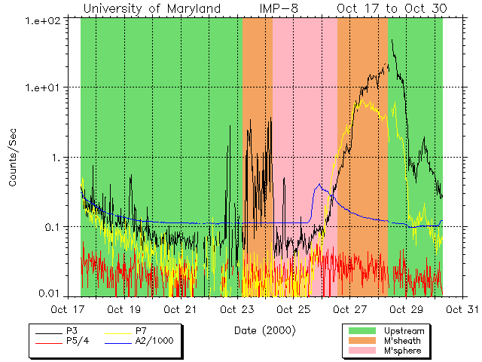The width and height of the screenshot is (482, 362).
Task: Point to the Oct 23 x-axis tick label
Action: [237, 309]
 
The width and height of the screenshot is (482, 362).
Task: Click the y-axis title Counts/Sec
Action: [13, 157]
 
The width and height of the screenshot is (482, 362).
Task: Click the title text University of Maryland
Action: [152, 8]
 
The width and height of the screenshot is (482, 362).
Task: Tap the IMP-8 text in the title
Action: [286, 8]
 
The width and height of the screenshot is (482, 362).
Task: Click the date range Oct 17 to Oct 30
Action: [392, 8]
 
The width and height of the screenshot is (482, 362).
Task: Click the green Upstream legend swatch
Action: [362, 330]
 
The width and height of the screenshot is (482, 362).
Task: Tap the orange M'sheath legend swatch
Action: [362, 340]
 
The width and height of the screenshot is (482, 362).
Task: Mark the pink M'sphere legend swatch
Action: [362, 351]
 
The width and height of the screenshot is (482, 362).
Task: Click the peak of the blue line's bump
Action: [319, 183]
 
